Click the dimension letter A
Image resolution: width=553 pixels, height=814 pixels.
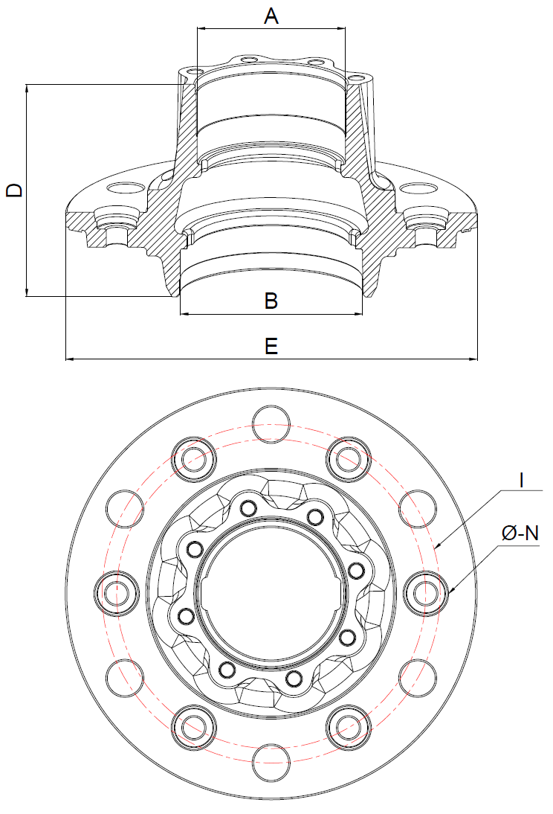pos(271,16)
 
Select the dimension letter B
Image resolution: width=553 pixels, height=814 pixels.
pos(271,301)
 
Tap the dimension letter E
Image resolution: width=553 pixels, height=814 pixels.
pos(271,346)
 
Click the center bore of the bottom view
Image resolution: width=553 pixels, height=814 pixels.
pos(271,593)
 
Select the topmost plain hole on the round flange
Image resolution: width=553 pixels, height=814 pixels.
pos(271,424)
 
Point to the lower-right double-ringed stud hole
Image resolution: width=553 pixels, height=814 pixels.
pos(349,727)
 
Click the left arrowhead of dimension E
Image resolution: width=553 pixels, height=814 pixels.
pos(69,359)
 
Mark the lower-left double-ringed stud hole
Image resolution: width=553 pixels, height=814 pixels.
pos(194,727)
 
